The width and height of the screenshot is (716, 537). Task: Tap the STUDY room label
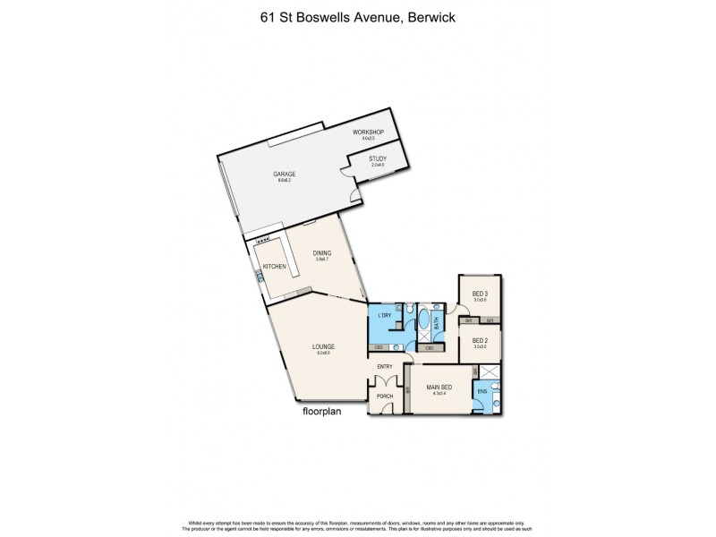tap(377, 159)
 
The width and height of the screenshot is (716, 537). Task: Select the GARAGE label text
tap(285, 175)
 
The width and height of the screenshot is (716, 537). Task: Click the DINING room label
tap(322, 253)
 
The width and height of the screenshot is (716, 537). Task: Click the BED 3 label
tap(481, 294)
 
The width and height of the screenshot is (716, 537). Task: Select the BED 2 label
tap(481, 340)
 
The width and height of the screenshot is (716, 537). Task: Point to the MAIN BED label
tap(439, 387)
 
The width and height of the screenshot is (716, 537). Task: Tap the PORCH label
tap(385, 396)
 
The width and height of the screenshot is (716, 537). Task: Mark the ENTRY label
tap(385, 366)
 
